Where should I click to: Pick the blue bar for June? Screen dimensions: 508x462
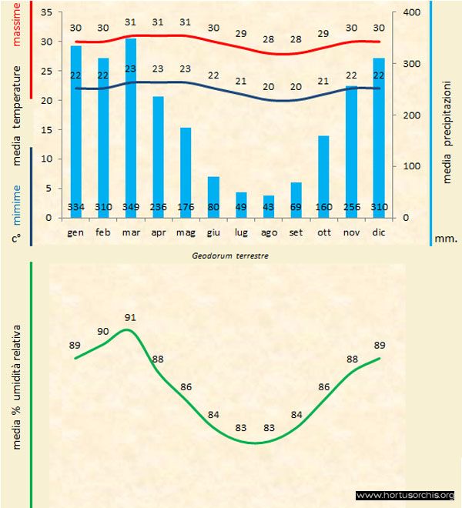coord(213,196)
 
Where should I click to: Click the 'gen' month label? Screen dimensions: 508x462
coord(75,232)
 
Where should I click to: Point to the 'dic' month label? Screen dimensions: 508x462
coord(379,232)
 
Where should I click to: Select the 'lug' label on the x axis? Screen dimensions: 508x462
coord(241,232)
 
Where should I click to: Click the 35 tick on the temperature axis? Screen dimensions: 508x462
coord(45,13)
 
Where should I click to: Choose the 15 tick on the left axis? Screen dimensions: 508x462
coord(45,130)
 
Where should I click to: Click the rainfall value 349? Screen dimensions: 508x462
coord(131,208)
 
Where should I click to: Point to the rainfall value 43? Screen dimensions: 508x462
coord(269,208)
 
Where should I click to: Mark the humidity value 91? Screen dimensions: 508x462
coord(129,317)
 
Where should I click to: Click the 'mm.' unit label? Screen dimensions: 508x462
coord(446,239)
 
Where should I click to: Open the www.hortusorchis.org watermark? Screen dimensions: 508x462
coord(406,495)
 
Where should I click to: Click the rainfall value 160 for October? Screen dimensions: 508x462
coord(323,208)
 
